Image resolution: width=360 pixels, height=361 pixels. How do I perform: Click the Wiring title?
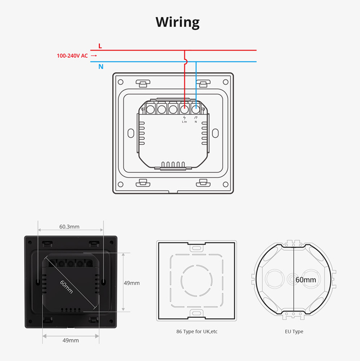tap(177, 22)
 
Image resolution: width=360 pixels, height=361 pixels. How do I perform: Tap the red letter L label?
tap(100, 46)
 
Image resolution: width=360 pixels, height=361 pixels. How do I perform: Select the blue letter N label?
tap(100, 67)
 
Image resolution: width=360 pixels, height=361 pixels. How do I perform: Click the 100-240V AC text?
tap(72, 56)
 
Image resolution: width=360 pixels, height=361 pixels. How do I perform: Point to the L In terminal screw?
tap(184, 109)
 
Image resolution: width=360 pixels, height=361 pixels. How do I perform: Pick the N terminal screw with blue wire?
tap(196, 109)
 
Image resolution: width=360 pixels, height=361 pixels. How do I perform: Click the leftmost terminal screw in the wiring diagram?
tap(150, 109)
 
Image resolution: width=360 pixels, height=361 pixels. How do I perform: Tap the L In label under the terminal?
tap(184, 122)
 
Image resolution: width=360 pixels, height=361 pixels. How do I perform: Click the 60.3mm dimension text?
tap(70, 226)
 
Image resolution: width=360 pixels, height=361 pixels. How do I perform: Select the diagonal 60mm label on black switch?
tap(66, 287)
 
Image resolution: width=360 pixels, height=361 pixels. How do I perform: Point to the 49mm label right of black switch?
tap(131, 283)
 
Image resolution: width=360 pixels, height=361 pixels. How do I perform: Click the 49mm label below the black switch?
tap(71, 340)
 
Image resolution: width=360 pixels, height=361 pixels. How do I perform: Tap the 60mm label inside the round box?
tap(305, 280)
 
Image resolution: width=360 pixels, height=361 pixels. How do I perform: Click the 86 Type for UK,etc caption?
tap(196, 332)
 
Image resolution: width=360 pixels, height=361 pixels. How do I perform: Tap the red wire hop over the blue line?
tap(184, 61)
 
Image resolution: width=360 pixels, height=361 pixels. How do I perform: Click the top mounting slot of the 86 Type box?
tap(196, 249)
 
